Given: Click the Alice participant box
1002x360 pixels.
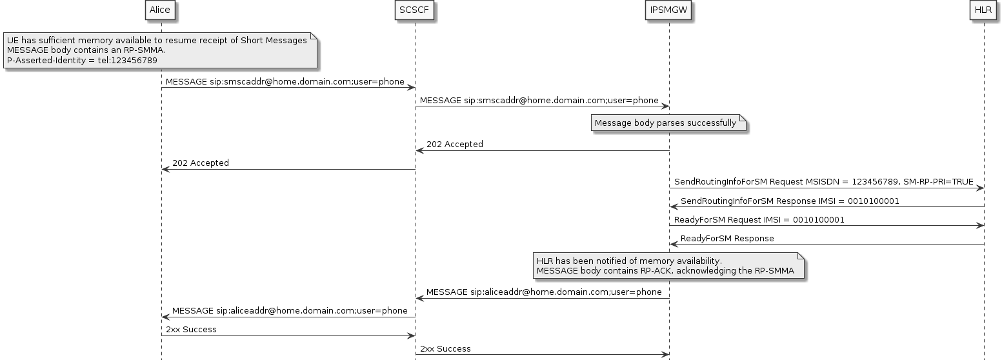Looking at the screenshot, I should (x=160, y=10).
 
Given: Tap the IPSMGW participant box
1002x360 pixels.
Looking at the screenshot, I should (x=668, y=10).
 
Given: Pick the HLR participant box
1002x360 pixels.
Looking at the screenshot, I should (x=983, y=10).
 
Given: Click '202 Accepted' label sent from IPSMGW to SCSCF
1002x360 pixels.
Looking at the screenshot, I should (x=455, y=145).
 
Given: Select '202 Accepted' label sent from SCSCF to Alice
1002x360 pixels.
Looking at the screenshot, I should (x=201, y=163).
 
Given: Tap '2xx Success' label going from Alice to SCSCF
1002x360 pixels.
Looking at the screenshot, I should (x=191, y=330).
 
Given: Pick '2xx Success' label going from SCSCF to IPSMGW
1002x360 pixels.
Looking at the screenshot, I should (x=445, y=349).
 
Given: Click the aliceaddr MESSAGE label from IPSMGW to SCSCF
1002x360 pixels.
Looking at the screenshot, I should (x=544, y=292).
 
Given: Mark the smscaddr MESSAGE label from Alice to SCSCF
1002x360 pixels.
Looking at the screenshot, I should (x=285, y=82).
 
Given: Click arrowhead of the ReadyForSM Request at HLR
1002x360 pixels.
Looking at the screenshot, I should (x=980, y=226).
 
